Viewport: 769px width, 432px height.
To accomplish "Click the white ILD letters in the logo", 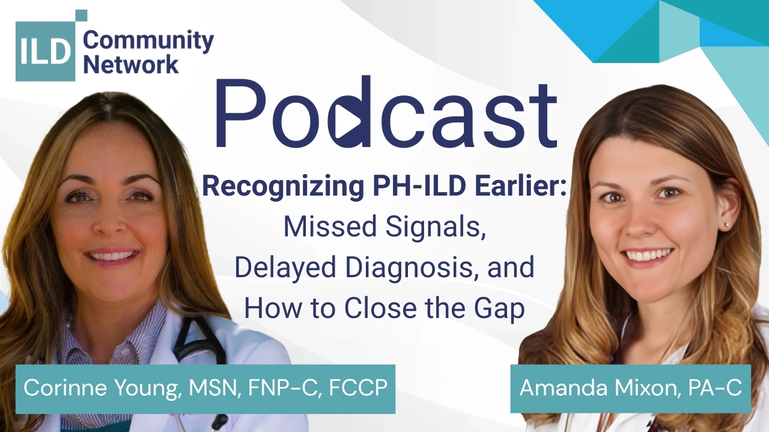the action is coord(45,52).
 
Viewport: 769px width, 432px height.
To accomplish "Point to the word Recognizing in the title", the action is coord(283,187).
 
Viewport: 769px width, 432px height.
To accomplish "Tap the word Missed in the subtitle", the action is coord(330,226).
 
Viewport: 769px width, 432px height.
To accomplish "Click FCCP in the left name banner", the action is coord(358,388).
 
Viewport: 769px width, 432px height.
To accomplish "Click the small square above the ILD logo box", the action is coord(81,16).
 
